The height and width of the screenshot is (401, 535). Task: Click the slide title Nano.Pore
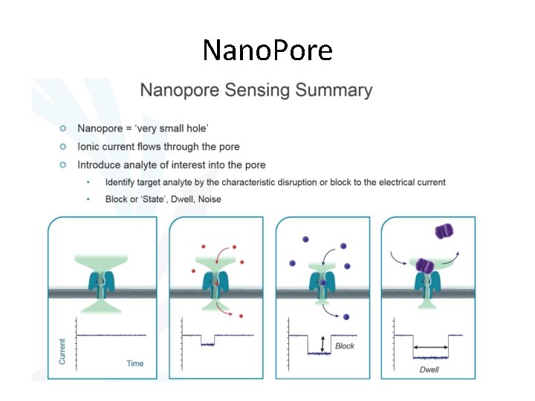pyautogui.click(x=267, y=50)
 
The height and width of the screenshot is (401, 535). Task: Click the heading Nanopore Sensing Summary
pyautogui.click(x=256, y=91)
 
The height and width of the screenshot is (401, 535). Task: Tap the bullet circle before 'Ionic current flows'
pyautogui.click(x=63, y=146)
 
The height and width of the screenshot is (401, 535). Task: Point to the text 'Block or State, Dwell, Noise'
pyautogui.click(x=163, y=199)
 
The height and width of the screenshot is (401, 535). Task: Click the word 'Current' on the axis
pyautogui.click(x=62, y=351)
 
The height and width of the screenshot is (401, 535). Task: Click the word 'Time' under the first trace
pyautogui.click(x=134, y=363)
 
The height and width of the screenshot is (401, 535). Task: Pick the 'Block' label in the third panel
pyautogui.click(x=345, y=346)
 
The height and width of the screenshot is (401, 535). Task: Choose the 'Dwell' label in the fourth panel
pyautogui.click(x=430, y=369)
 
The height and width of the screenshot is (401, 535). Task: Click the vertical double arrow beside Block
pyautogui.click(x=322, y=344)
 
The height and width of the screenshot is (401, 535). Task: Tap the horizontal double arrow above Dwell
pyautogui.click(x=430, y=347)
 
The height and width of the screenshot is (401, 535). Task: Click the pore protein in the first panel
pyautogui.click(x=103, y=281)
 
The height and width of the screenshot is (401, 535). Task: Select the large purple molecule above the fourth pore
pyautogui.click(x=443, y=231)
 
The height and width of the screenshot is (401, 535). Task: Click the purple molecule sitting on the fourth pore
pyautogui.click(x=424, y=265)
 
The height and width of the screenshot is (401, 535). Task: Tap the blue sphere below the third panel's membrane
pyautogui.click(x=346, y=317)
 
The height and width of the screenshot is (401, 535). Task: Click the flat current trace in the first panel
pyautogui.click(x=111, y=336)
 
